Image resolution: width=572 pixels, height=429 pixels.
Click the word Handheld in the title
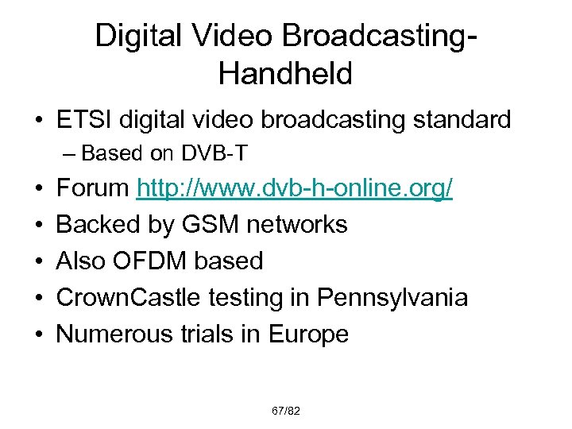[284, 74]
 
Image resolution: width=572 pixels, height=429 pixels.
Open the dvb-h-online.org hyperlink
[296, 188]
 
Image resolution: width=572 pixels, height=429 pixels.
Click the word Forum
[93, 188]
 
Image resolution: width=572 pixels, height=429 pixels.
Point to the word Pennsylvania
[392, 298]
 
